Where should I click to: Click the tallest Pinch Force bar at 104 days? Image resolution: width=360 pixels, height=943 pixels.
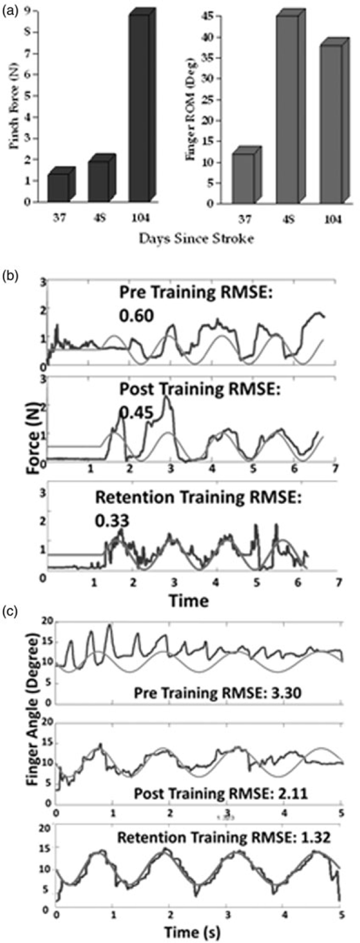tap(139, 108)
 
